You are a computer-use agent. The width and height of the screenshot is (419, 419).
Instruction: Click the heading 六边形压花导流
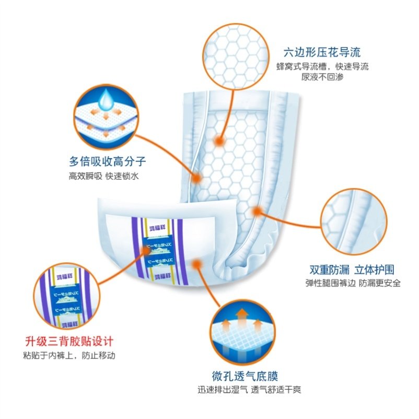[322, 53]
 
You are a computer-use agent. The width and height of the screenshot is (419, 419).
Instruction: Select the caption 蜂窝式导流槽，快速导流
[322, 66]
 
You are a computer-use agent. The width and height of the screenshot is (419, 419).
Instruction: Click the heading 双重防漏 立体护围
[351, 270]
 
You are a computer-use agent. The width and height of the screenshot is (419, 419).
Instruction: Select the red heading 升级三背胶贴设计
[69, 343]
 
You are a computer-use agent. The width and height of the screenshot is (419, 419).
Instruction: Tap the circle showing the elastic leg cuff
[353, 222]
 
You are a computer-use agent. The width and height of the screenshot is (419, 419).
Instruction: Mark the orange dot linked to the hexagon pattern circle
[220, 141]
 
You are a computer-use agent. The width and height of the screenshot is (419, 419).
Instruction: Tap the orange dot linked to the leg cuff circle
[257, 211]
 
